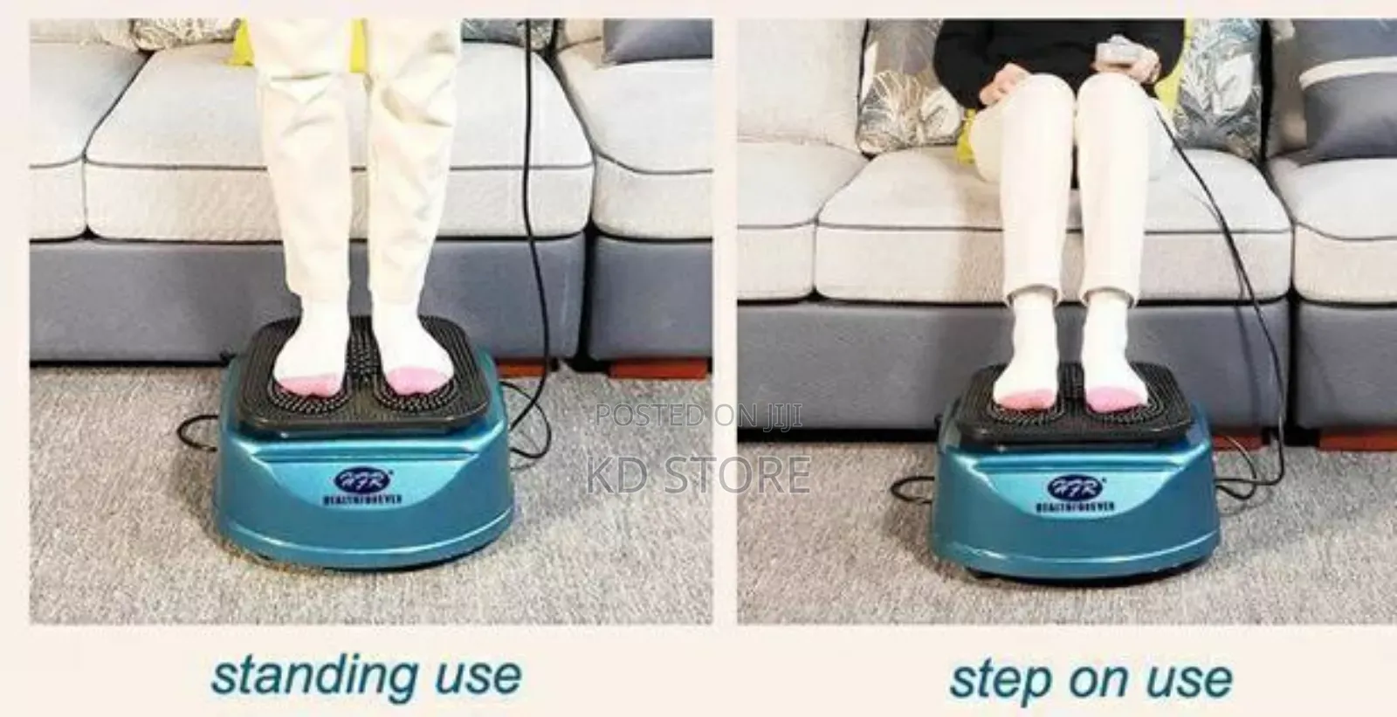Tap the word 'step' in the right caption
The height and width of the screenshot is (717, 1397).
click(x=997, y=679)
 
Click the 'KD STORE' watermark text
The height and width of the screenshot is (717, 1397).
click(x=698, y=473)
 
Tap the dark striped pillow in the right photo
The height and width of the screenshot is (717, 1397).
click(x=1345, y=87)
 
